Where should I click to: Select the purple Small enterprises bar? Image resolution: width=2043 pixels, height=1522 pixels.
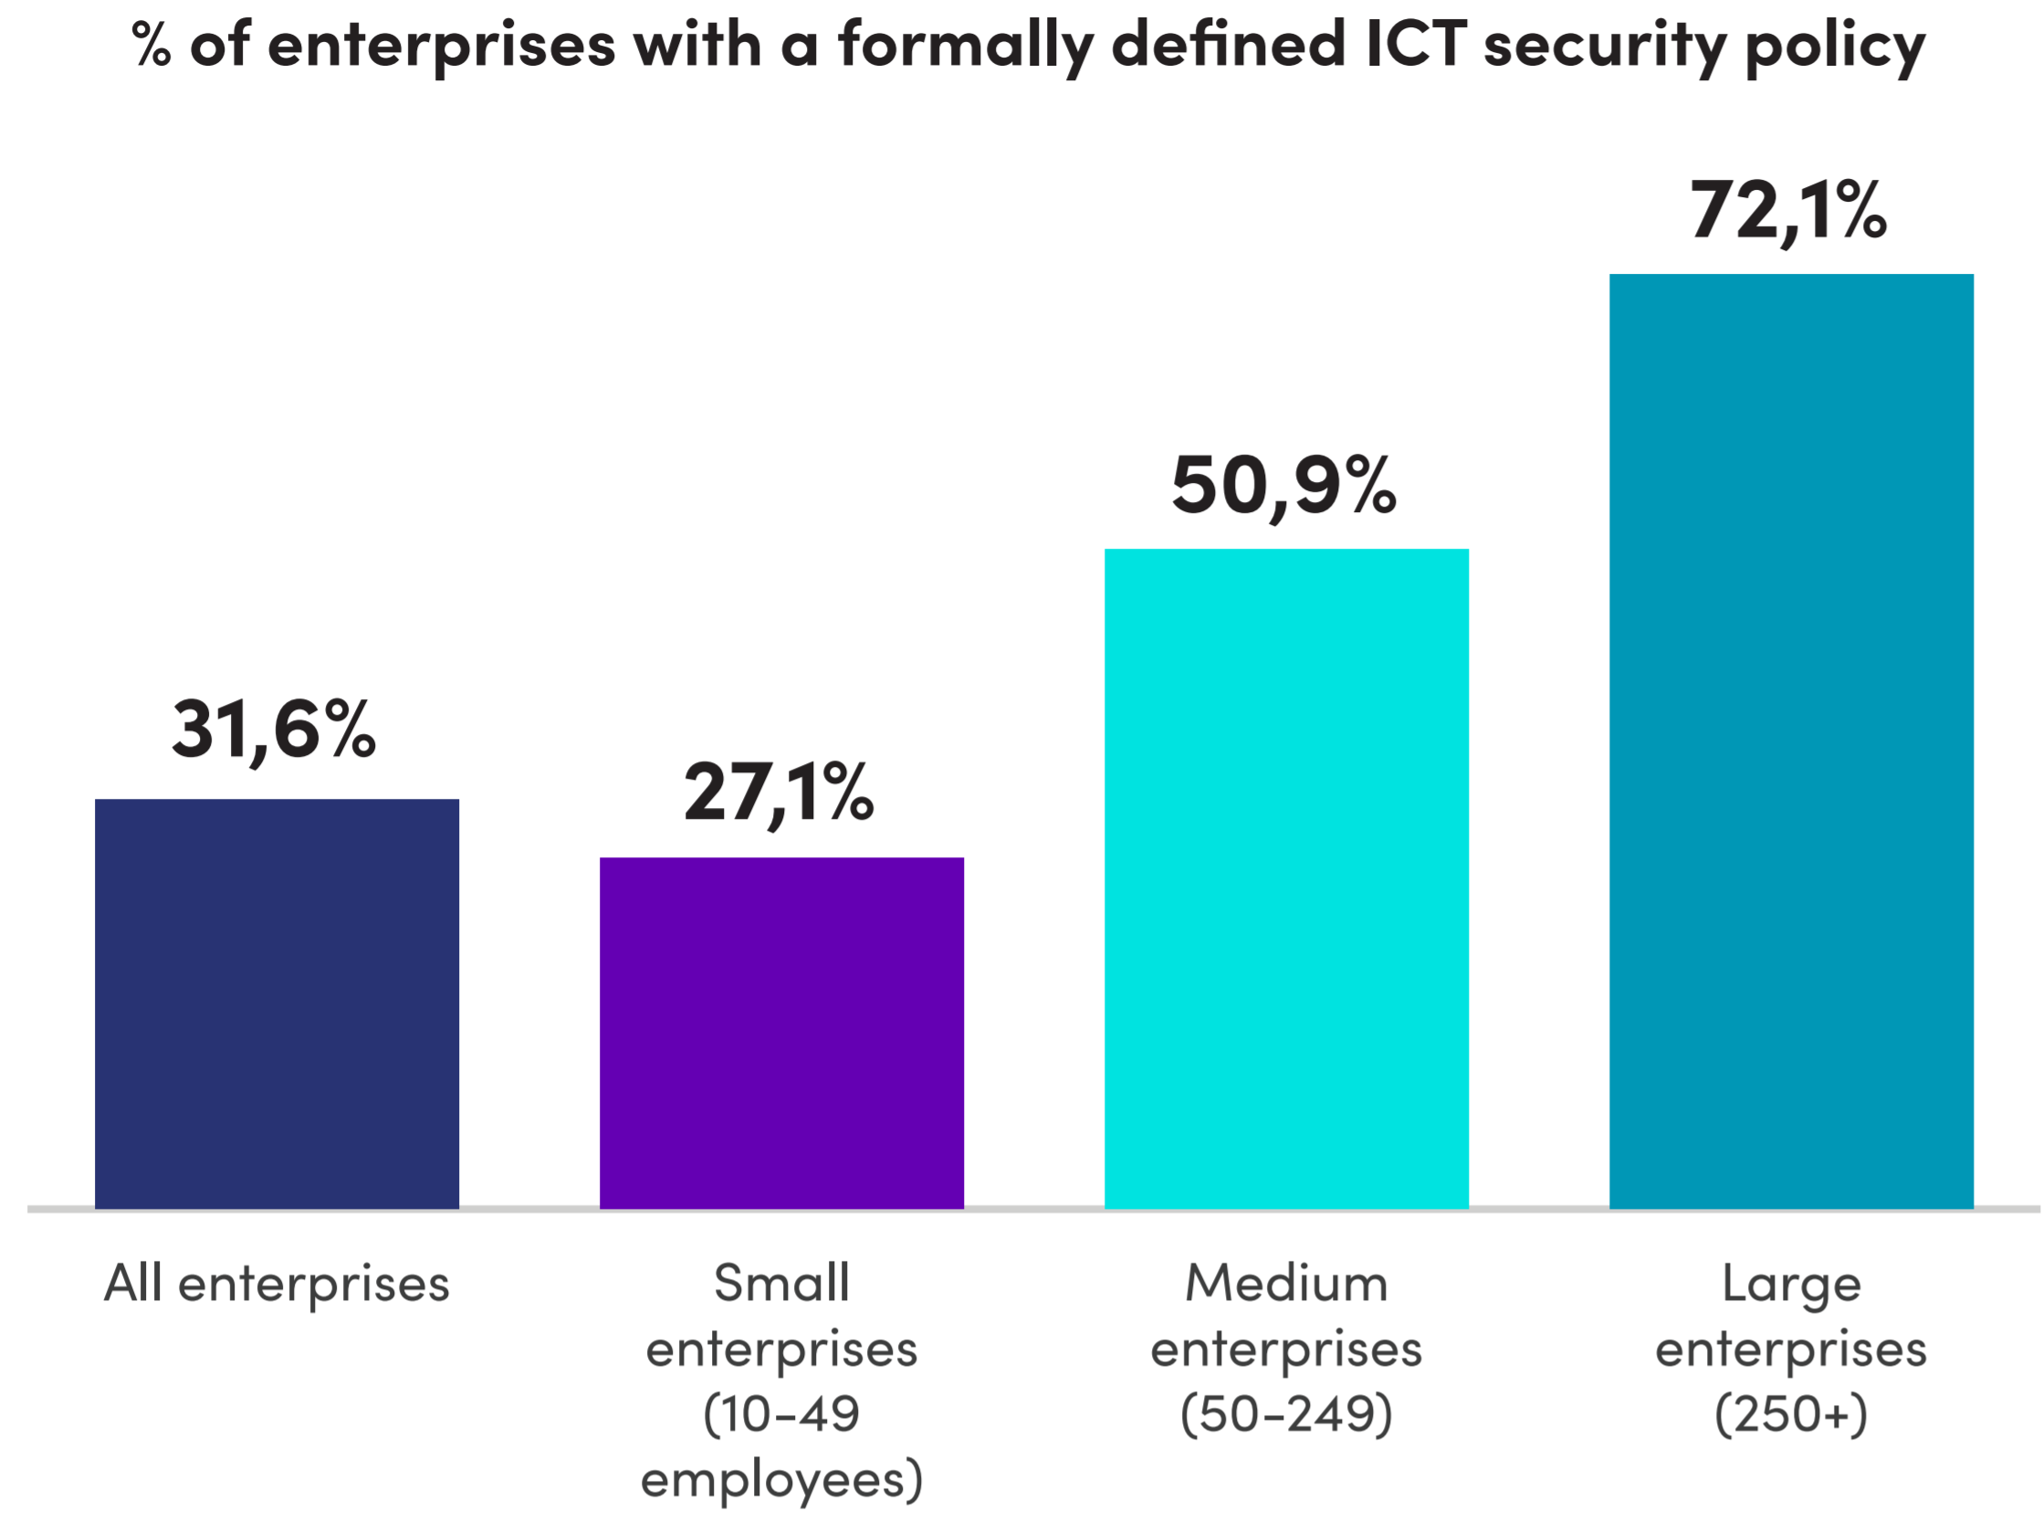(781, 1032)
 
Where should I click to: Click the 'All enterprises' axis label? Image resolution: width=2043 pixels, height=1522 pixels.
(277, 1285)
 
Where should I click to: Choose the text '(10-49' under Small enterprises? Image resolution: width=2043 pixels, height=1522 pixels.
(781, 1414)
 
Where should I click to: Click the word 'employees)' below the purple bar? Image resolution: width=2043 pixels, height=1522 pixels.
(781, 1480)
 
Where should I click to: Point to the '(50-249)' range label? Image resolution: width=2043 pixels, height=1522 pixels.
(1286, 1414)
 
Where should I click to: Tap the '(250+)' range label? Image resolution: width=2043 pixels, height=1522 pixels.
(1791, 1414)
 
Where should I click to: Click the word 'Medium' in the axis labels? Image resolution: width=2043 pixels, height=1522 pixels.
(1286, 1284)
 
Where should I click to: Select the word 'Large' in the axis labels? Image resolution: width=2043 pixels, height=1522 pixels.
(1791, 1285)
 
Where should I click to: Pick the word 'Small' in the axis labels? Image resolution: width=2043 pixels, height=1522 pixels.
(781, 1284)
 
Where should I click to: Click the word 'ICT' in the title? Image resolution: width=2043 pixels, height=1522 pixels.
(1417, 43)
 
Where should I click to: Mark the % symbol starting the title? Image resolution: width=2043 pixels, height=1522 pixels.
(151, 44)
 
